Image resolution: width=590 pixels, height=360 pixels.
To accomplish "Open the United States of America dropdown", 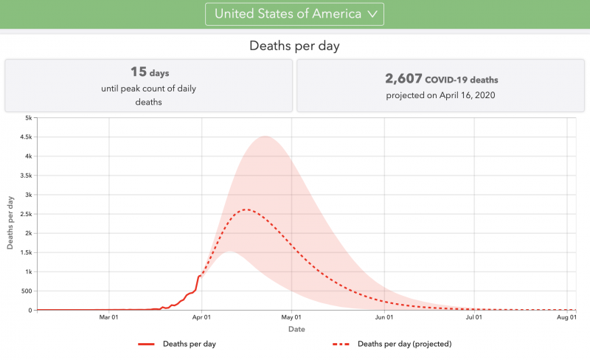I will point(294,13).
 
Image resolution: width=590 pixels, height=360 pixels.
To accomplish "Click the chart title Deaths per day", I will point(294,46).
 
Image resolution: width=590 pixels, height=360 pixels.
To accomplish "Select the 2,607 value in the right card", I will point(403,79).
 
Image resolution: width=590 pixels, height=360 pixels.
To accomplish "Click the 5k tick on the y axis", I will point(27,118).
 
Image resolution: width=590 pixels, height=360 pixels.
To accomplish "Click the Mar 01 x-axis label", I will point(109,318).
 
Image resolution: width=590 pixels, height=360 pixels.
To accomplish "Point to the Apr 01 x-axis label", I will point(201,318).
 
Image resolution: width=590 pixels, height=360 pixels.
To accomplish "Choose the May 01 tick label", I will point(291,318).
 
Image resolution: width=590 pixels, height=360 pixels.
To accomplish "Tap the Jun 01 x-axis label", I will point(383,318).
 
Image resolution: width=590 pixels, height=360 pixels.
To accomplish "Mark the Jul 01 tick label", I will point(473,318).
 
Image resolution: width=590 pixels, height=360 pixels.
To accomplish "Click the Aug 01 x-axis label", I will point(566,318).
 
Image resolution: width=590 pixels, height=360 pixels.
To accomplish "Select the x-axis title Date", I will point(296,329).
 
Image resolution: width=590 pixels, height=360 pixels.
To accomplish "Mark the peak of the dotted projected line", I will point(246,210).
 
